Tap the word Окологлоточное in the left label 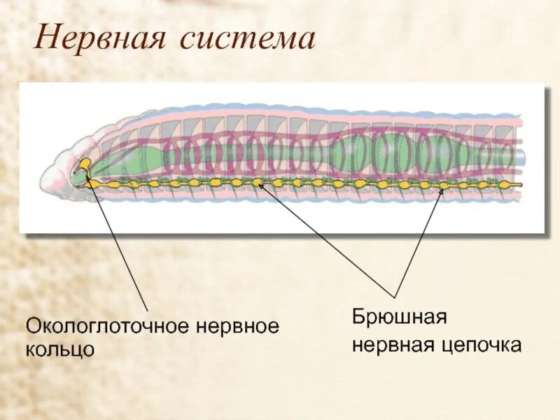109,326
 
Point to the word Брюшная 398,317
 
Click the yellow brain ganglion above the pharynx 83,165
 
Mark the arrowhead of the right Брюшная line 442,188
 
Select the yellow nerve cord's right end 519,185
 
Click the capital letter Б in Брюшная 358,317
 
